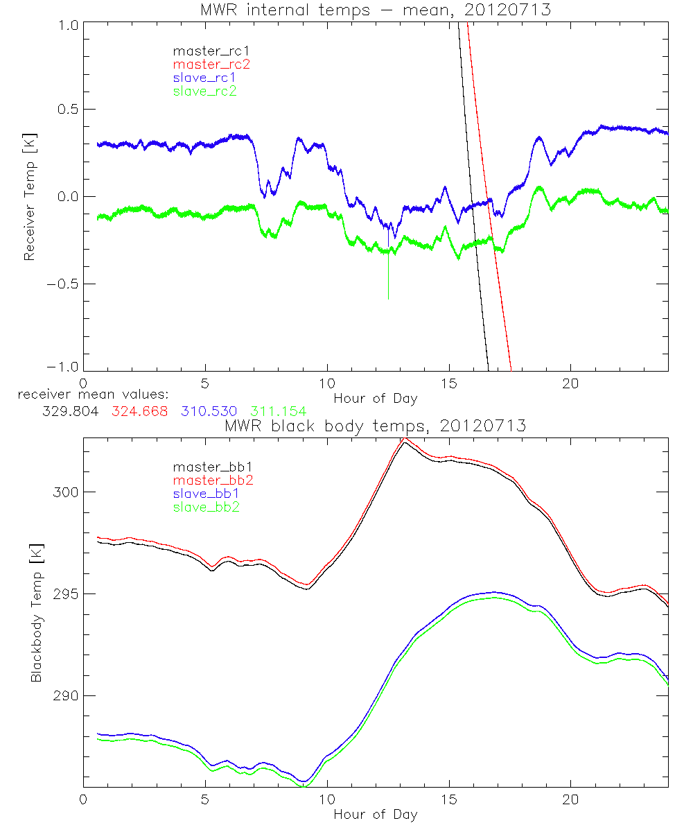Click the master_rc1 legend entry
(205, 51)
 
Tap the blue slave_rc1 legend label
(205, 78)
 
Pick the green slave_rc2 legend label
(205, 91)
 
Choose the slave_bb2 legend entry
(205, 508)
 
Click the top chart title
(375, 10)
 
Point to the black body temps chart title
(375, 426)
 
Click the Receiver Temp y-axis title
(29, 196)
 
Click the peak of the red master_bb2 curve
(405, 439)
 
